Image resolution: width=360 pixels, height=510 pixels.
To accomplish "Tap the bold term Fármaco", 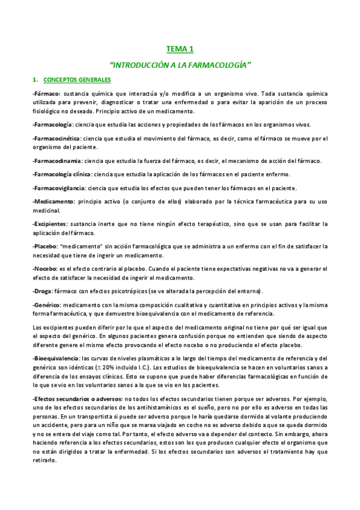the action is point(47,94).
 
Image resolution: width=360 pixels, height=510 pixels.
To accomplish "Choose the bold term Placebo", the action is point(46,247).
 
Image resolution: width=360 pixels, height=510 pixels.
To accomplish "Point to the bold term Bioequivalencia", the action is point(56,358).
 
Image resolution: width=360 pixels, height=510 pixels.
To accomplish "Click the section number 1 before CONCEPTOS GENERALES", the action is point(35,79).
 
